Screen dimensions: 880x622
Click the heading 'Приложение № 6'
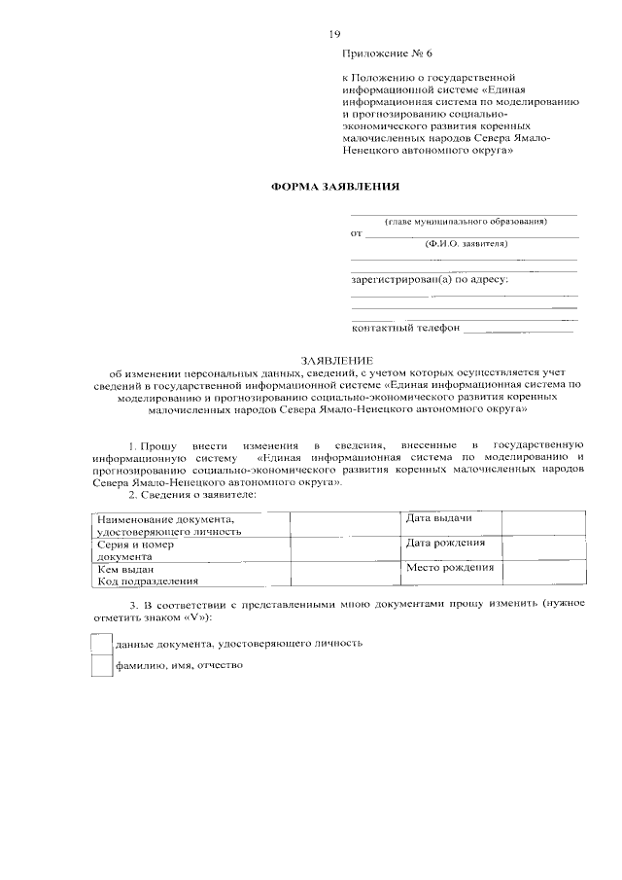[x=386, y=54]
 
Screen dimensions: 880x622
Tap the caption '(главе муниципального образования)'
[x=464, y=222]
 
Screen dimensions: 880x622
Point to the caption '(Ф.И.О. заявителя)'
[x=465, y=244]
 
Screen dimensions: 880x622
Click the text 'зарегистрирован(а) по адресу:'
[x=429, y=280]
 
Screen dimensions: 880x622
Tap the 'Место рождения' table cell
[x=449, y=568]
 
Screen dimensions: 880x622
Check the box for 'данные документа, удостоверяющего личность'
[x=100, y=643]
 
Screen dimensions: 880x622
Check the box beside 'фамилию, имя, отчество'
[x=100, y=666]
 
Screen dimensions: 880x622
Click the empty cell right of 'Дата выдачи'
[x=543, y=522]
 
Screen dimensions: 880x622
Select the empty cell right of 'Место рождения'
[x=543, y=574]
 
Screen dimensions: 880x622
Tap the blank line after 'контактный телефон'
[x=518, y=330]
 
